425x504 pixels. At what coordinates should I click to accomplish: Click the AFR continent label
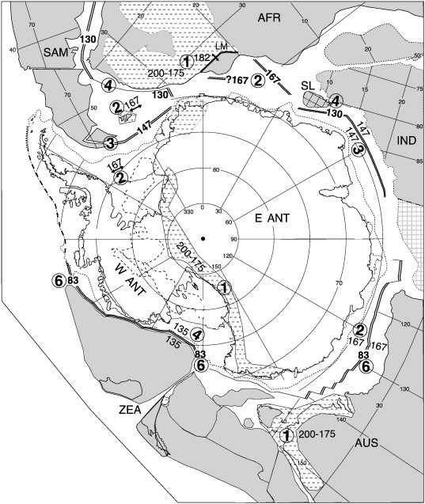277,15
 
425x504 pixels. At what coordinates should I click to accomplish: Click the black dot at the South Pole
203,238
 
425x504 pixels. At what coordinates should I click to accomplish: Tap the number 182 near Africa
203,61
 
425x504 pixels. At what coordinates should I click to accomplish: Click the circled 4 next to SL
336,100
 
